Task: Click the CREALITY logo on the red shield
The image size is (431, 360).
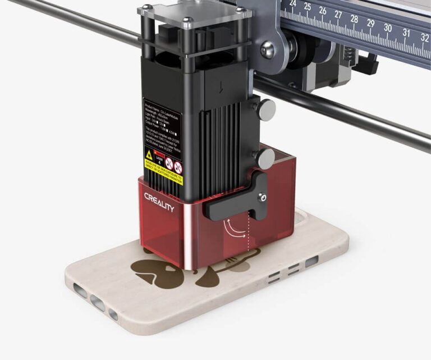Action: tap(159, 202)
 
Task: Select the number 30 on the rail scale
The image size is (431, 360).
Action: tap(387, 27)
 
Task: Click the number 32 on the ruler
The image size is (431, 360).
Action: tap(424, 37)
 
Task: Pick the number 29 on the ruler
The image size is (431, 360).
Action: tap(370, 23)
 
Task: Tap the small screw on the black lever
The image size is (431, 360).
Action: tap(261, 197)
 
